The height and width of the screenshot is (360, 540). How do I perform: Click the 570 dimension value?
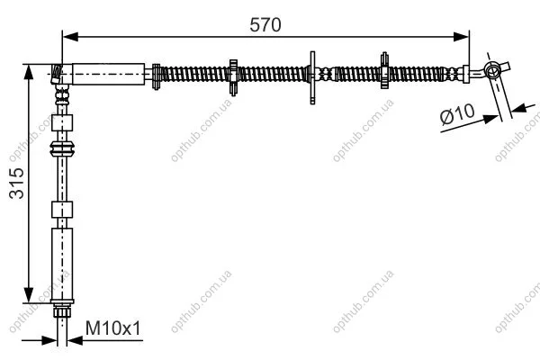(265, 25)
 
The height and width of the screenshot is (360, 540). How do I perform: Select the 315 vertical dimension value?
(16, 183)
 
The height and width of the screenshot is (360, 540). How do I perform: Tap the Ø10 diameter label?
(457, 113)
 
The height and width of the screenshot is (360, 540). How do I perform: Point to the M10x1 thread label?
(113, 328)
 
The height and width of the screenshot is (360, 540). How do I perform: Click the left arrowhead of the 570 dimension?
(70, 37)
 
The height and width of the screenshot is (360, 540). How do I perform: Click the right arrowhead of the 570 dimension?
(461, 37)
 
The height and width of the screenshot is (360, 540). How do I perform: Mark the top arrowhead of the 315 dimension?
(29, 72)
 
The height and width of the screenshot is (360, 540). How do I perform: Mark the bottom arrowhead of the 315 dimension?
(29, 295)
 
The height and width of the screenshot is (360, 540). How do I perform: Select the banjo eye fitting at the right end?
(492, 70)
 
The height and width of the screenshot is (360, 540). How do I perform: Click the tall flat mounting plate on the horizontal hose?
(312, 77)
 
